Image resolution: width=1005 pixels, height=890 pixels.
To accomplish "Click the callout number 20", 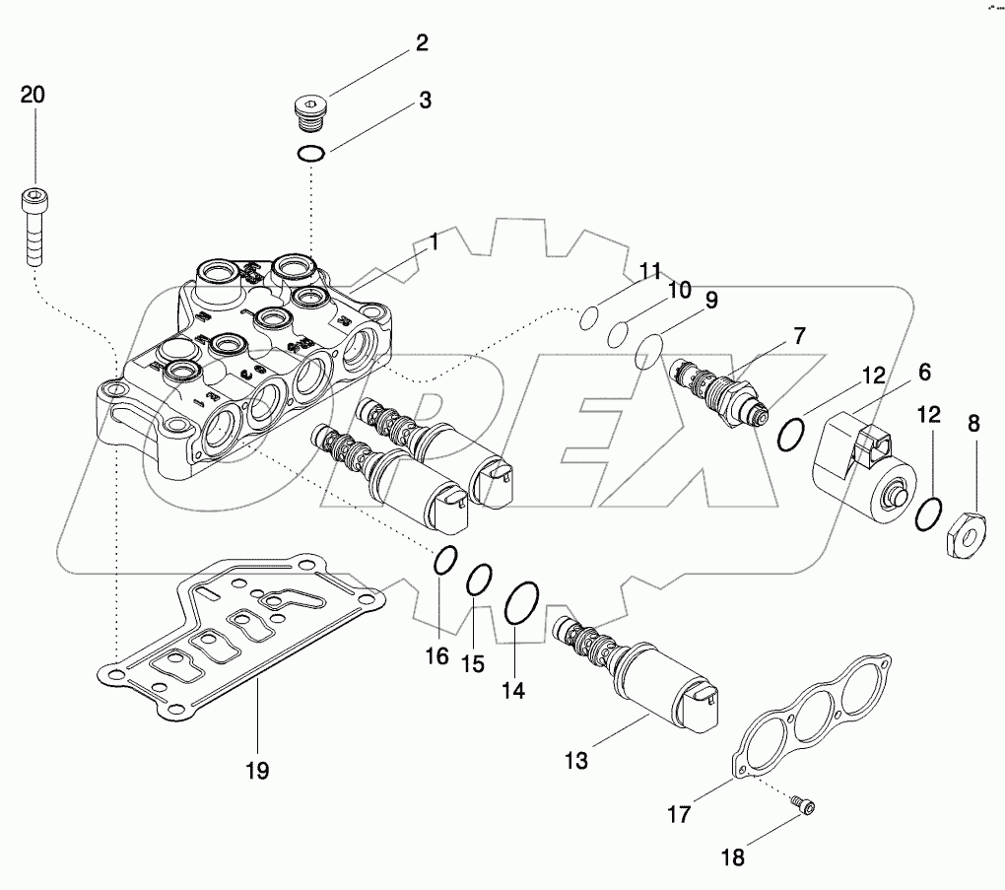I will [33, 95].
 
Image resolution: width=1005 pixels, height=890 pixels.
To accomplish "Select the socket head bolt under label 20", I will [33, 226].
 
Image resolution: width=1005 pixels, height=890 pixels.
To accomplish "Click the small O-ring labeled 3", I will [311, 154].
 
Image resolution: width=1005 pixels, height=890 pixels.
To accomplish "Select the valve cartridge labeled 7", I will [719, 390].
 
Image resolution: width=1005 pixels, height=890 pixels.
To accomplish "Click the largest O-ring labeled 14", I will [520, 603].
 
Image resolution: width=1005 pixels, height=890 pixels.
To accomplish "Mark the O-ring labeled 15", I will [479, 580].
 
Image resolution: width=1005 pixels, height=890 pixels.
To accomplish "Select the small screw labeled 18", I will [802, 808].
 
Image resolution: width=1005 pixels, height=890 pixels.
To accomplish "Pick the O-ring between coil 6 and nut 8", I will [926, 513].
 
